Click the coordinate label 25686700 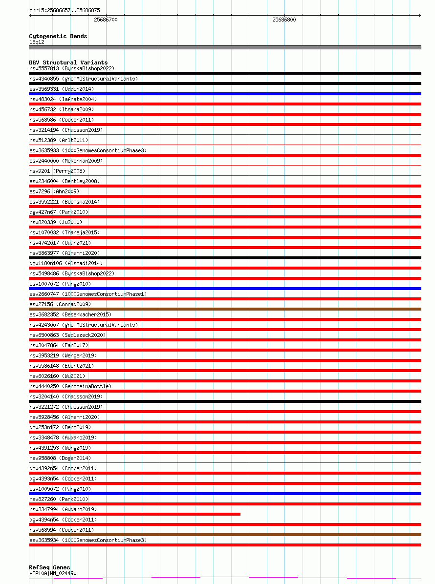106,20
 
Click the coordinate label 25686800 284,20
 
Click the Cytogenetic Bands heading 58,36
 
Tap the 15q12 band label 37,42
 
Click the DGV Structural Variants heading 68,63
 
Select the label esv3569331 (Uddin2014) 62,89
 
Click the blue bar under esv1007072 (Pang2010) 225,289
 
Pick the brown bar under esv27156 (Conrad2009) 225,309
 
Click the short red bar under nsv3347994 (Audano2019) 135,514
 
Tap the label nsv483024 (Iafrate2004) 63,99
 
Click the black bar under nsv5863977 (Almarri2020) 225,258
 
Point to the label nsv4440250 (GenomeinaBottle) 70,386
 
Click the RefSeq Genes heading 49,567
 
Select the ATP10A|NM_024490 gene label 53,573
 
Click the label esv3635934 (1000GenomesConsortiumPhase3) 88,540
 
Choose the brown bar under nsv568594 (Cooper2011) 225,535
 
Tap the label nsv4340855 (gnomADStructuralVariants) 84,79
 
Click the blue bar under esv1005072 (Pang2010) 225,494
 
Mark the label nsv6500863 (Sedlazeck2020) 67,335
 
